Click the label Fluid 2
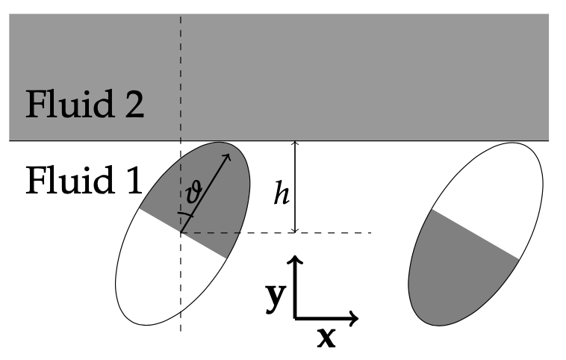pyautogui.click(x=85, y=107)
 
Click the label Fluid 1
pyautogui.click(x=84, y=180)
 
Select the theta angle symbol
pyautogui.click(x=193, y=196)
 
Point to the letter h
pyautogui.click(x=280, y=196)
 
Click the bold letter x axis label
pyautogui.click(x=326, y=338)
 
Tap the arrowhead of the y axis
pyautogui.click(x=296, y=261)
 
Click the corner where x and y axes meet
pyautogui.click(x=296, y=317)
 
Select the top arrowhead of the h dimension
pyautogui.click(x=296, y=145)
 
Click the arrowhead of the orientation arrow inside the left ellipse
pyautogui.click(x=226, y=157)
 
